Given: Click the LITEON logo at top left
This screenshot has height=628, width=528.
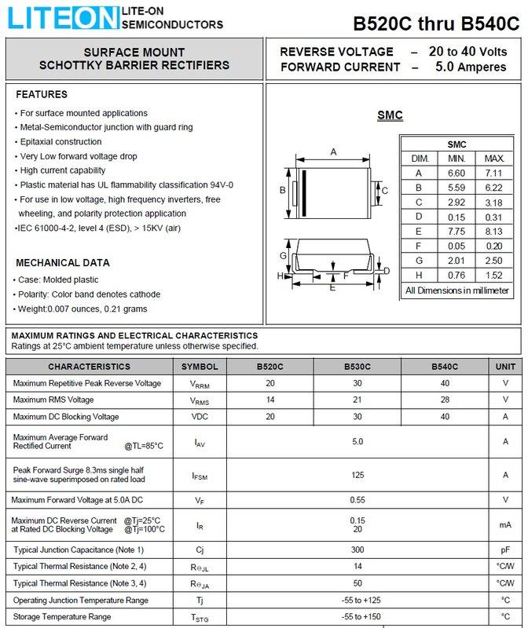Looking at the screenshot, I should [x=60, y=17].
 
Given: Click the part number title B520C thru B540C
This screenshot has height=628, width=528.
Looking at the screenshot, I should [x=435, y=23].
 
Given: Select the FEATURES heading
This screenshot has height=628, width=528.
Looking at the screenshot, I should [x=42, y=95].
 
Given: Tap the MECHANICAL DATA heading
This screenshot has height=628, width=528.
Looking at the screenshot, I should [x=63, y=263].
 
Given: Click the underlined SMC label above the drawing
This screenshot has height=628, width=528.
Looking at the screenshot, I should [x=390, y=115].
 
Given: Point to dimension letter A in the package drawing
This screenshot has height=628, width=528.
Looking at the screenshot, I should [x=333, y=152].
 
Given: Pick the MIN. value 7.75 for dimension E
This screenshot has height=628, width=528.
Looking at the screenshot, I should [x=456, y=232].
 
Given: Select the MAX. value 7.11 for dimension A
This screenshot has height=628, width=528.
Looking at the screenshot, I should [x=494, y=173].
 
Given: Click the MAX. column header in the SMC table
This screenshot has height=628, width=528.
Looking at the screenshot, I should [x=494, y=159].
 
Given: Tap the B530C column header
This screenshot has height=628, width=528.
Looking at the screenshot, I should [x=357, y=367].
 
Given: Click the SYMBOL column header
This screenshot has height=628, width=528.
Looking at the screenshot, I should [x=200, y=367].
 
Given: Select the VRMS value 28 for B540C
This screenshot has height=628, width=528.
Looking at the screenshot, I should [x=445, y=400].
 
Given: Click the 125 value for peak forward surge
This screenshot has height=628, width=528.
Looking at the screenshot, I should [x=357, y=474].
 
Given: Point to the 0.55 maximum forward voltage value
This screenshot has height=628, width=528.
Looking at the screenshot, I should [x=357, y=499].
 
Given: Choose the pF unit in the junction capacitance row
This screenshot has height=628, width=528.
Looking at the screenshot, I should [x=505, y=549].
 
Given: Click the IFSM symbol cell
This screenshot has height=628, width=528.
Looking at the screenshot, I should [x=200, y=475].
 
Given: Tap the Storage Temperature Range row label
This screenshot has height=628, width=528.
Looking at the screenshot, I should [x=62, y=616].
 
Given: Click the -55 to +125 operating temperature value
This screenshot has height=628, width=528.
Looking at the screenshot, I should [x=357, y=600].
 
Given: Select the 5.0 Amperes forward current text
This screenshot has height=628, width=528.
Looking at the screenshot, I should [x=471, y=68].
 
